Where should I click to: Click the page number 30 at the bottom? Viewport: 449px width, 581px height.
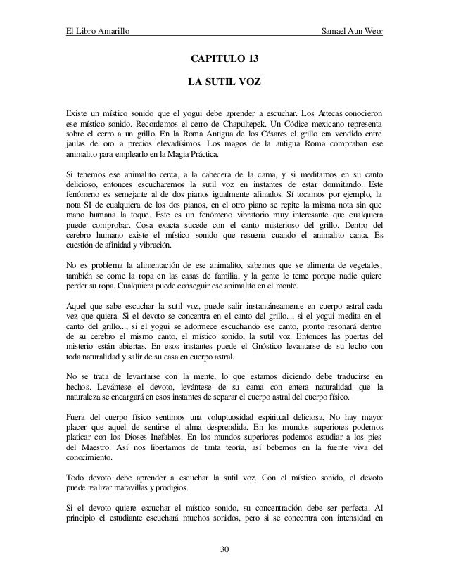(224, 549)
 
